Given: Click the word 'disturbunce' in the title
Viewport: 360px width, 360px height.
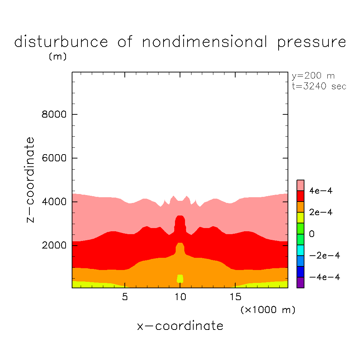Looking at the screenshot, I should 61,42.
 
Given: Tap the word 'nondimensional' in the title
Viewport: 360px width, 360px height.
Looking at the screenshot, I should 205,42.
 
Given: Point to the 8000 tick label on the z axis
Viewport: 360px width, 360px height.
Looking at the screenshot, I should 53,115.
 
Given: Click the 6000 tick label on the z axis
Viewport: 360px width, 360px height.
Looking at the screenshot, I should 53,158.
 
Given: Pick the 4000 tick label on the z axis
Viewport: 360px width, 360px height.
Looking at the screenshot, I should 53,202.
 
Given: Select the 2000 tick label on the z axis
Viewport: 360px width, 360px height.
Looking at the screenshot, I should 53,246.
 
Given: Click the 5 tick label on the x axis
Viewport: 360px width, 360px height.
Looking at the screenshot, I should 124,297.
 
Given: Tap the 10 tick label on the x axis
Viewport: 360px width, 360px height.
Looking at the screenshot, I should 180,297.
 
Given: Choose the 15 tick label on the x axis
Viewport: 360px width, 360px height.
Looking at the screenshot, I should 235,297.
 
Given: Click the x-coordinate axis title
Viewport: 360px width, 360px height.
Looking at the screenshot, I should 180,326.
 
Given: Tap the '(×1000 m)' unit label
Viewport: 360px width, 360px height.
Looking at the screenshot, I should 268,309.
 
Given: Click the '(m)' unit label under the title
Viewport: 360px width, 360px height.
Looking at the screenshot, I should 57,57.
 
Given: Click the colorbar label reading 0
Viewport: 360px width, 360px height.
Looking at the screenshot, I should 312,234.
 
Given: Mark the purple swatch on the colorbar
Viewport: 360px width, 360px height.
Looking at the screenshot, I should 300,283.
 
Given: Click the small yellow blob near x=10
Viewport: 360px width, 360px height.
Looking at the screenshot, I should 180,279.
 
